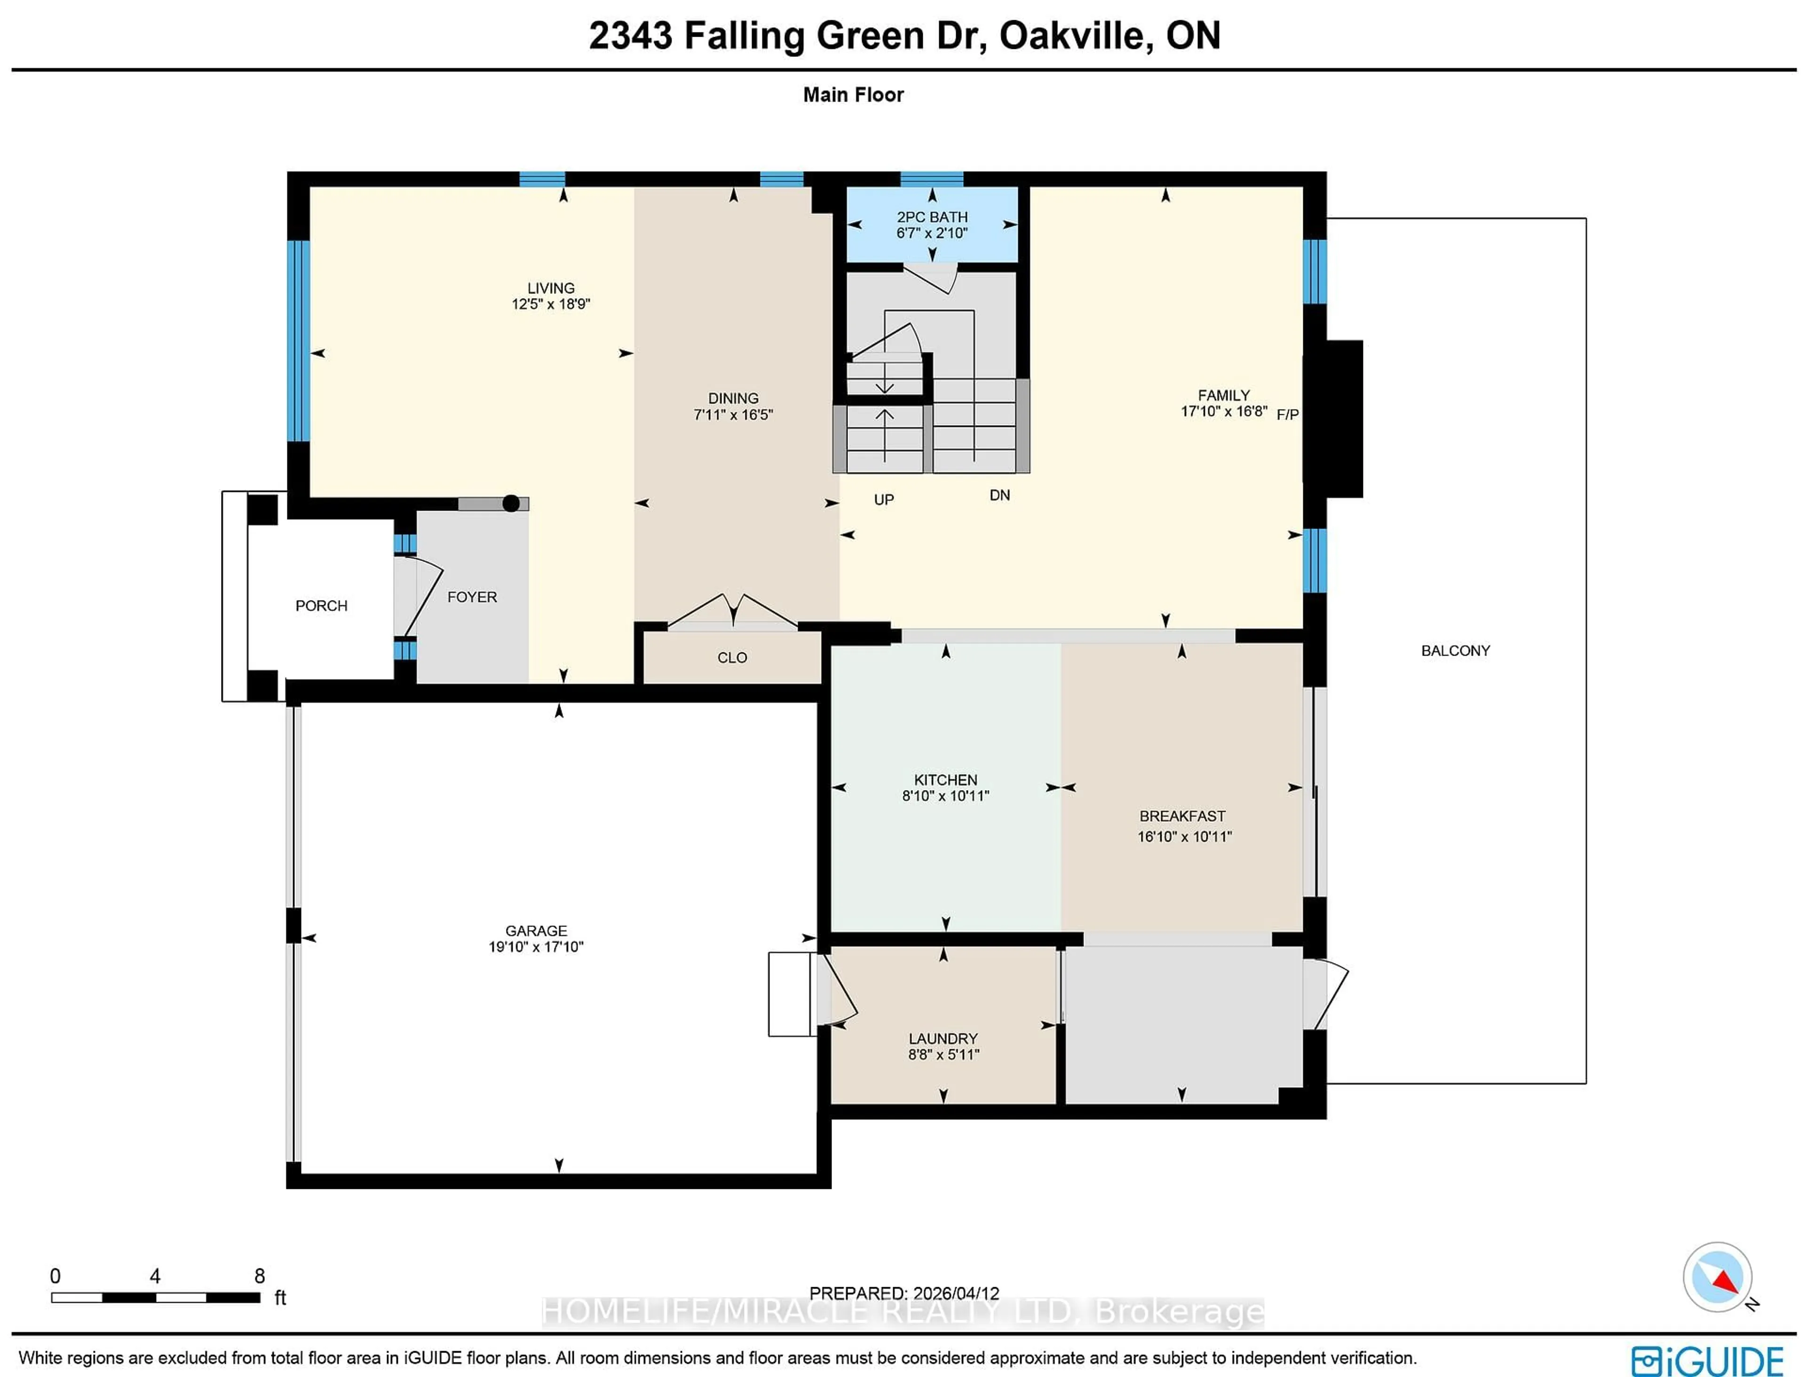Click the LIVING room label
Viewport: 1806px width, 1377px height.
tap(550, 288)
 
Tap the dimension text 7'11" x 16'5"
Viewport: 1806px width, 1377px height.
tap(733, 415)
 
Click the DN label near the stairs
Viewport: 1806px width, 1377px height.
tap(999, 495)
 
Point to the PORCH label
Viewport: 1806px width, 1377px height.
tap(321, 606)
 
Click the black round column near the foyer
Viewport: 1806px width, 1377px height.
tap(511, 503)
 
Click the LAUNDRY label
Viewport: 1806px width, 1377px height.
tap(943, 1038)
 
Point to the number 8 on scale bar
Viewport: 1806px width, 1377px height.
tap(259, 1276)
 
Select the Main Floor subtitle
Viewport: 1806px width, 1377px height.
tap(853, 95)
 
